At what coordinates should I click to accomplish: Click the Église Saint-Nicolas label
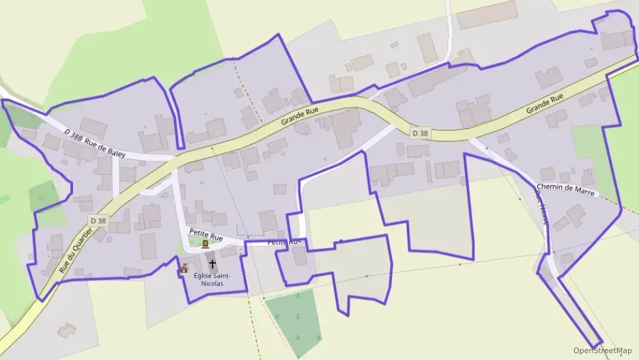[x=213, y=279]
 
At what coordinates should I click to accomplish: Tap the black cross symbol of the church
[x=212, y=264]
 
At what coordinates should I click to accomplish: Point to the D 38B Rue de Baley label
[x=95, y=143]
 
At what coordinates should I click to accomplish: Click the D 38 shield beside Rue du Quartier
[x=98, y=221]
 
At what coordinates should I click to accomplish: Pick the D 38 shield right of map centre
[x=421, y=133]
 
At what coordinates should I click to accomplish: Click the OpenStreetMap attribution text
[x=602, y=350]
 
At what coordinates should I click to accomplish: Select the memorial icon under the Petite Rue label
[x=205, y=245]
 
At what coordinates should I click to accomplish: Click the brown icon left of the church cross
[x=184, y=269]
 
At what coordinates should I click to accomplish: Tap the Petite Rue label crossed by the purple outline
[x=284, y=242]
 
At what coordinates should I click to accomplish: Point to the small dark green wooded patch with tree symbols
[x=294, y=321]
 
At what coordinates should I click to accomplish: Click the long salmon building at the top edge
[x=487, y=14]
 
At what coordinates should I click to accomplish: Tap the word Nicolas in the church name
[x=213, y=283]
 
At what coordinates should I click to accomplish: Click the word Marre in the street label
[x=587, y=193]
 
